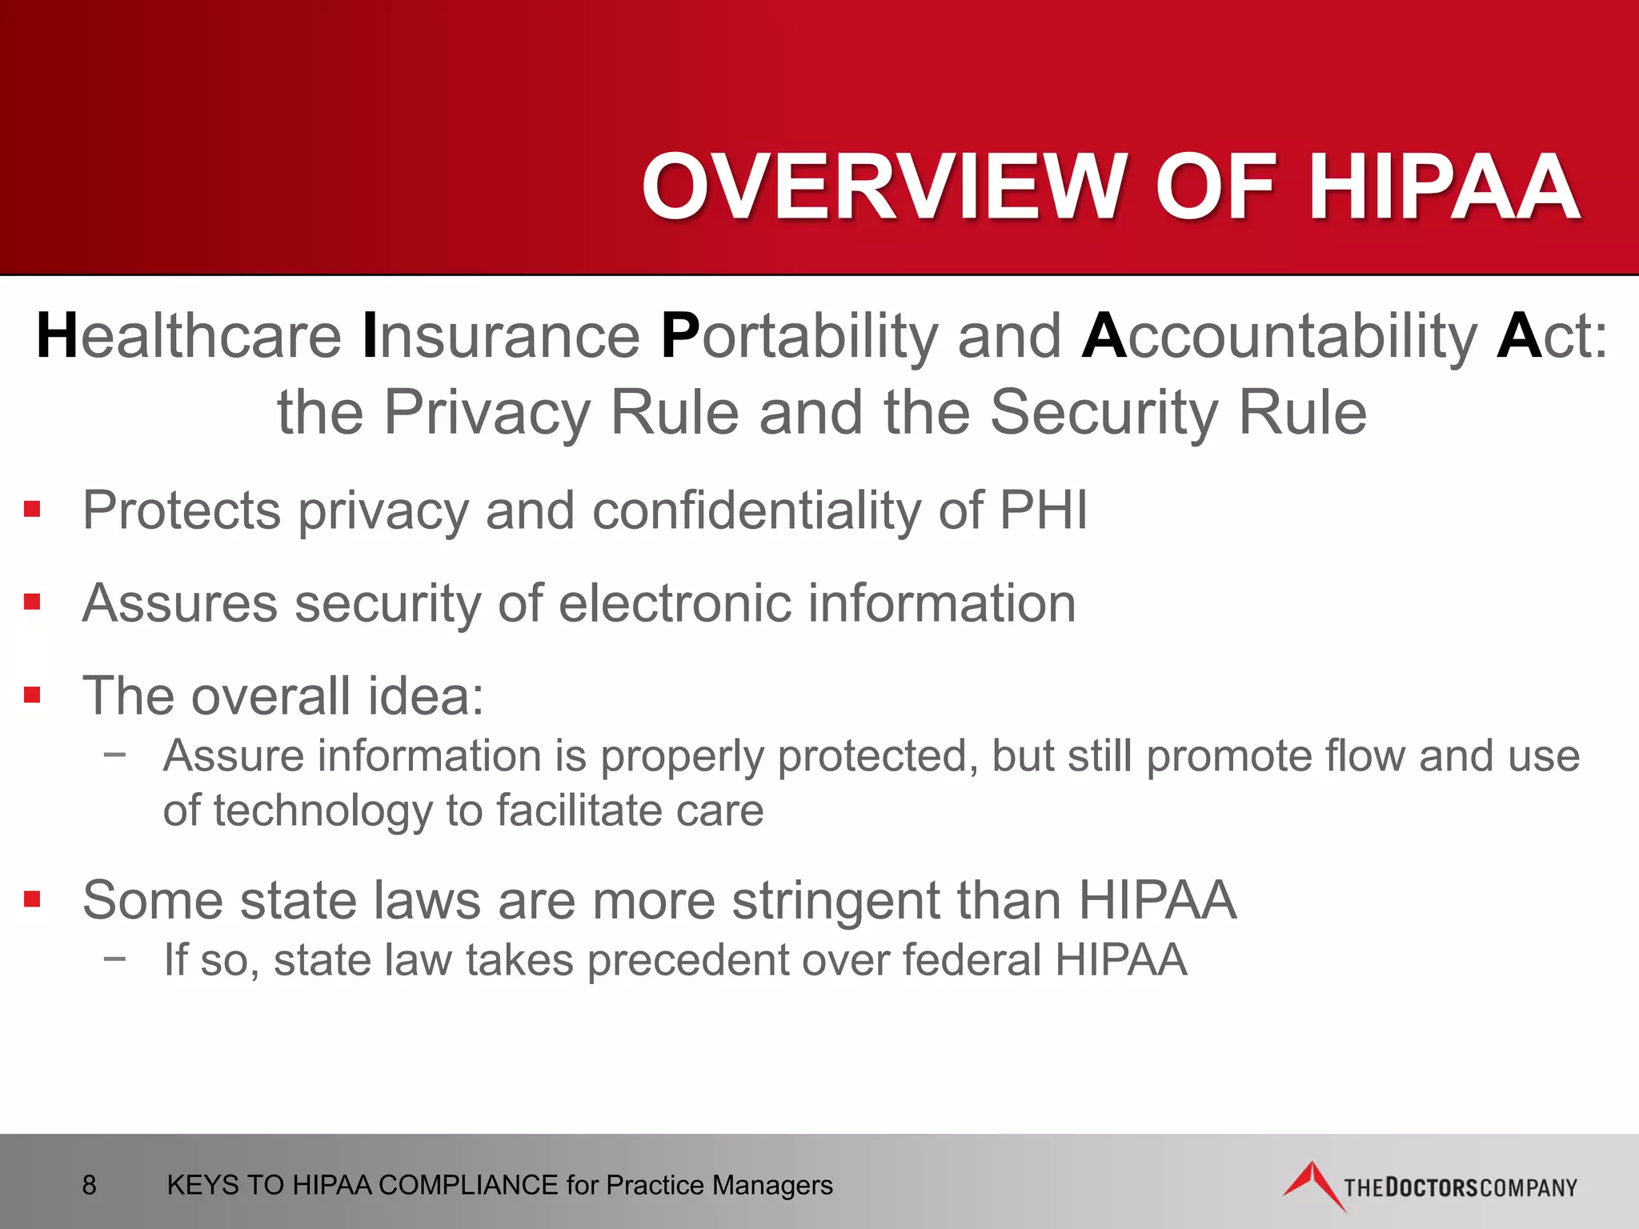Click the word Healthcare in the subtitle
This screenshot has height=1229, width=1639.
pos(189,336)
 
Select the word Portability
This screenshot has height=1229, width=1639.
pos(800,336)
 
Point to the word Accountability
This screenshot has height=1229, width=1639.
pos(1280,336)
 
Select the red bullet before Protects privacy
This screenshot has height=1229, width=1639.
pos(32,510)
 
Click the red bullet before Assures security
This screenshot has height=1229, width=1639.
pos(32,602)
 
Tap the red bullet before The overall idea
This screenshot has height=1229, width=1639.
pos(32,695)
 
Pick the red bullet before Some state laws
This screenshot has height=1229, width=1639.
pos(32,899)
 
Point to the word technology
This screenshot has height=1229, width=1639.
pos(323,811)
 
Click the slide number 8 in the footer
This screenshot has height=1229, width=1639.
pos(89,1185)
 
